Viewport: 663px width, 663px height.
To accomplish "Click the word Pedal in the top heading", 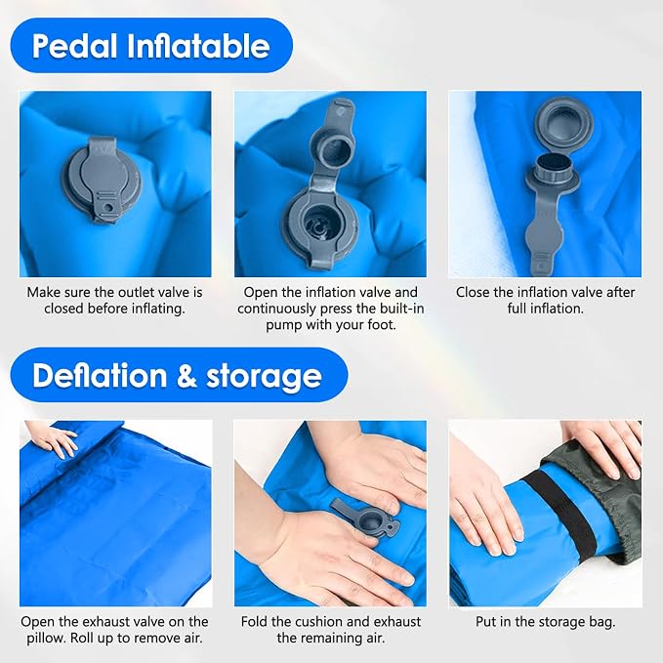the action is (x=74, y=46).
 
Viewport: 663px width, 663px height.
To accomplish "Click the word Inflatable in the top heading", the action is (x=198, y=45).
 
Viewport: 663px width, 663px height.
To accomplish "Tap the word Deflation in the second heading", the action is (x=100, y=376).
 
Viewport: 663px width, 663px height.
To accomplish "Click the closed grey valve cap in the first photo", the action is (x=102, y=179).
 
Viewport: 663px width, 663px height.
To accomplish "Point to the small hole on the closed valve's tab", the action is (x=110, y=208).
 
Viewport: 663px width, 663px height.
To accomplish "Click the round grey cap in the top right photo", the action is (x=563, y=123).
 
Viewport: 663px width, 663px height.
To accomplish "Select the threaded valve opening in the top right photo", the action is (x=553, y=170).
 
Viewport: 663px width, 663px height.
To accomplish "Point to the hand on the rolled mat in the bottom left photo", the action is (x=54, y=440).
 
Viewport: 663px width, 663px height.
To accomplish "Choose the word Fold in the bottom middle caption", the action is (x=254, y=622).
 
